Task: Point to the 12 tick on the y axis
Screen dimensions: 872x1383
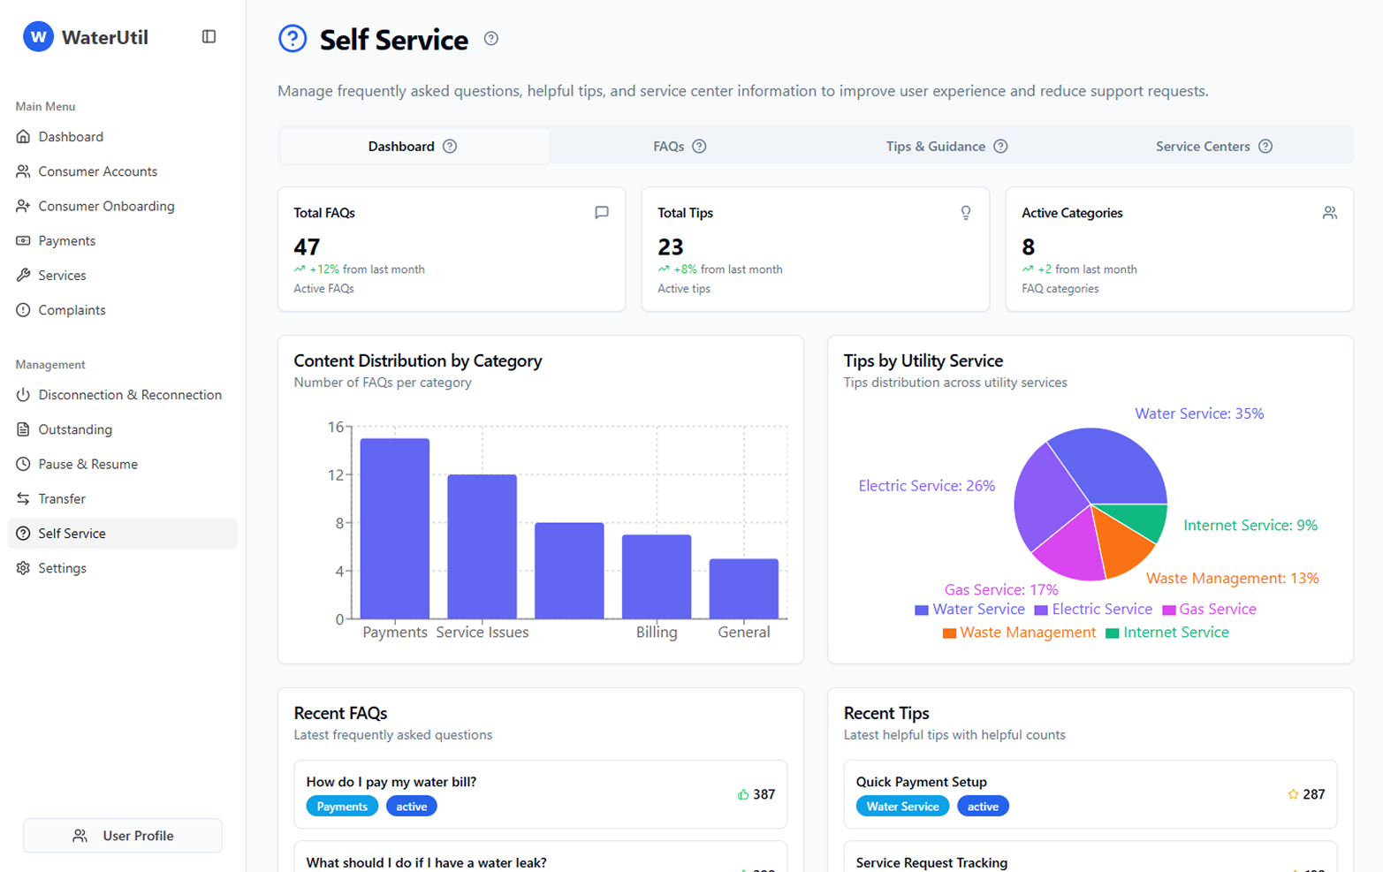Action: [x=336, y=475]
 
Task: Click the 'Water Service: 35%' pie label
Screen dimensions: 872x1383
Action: [x=1198, y=413]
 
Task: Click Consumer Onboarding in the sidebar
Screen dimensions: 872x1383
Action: [x=106, y=206]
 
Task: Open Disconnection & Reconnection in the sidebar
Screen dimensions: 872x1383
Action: [x=129, y=395]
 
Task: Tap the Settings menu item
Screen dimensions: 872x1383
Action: [x=62, y=568]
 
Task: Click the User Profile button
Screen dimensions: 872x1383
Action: [x=123, y=836]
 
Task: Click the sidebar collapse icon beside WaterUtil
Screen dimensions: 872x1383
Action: [x=209, y=37]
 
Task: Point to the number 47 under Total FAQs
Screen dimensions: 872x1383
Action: [x=307, y=246]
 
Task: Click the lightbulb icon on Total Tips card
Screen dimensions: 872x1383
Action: [x=965, y=213]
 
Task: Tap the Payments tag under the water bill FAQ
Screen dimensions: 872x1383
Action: [x=342, y=807]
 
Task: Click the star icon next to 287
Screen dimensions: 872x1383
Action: [x=1292, y=794]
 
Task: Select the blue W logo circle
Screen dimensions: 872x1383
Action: [x=38, y=37]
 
